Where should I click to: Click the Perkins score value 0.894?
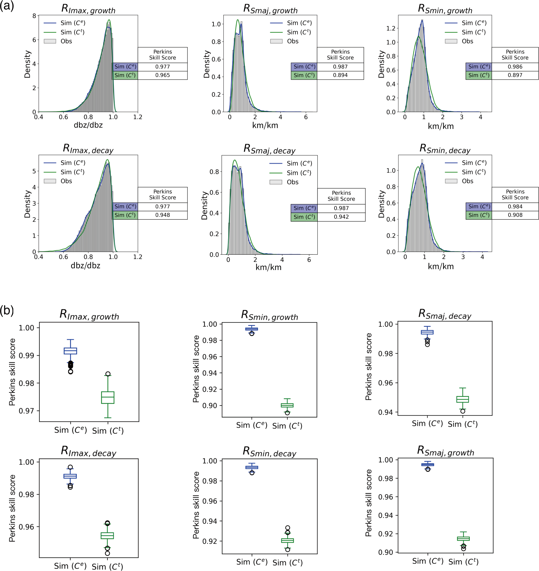coord(340,75)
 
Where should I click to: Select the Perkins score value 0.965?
coord(162,75)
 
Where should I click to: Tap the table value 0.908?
coord(515,215)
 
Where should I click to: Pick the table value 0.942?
coord(341,217)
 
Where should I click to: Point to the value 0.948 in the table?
coord(162,215)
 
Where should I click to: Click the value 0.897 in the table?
coord(515,75)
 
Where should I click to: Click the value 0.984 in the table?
coord(515,207)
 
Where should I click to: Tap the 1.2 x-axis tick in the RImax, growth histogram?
coord(138,117)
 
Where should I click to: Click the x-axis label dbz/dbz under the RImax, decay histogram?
coord(85,265)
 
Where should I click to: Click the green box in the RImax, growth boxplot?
coord(108,397)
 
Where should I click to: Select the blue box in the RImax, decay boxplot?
coord(70,476)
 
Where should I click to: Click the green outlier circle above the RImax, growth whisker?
coord(108,374)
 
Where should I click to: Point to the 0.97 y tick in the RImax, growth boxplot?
coord(27,411)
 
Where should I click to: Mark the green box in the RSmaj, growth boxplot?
coord(463,539)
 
